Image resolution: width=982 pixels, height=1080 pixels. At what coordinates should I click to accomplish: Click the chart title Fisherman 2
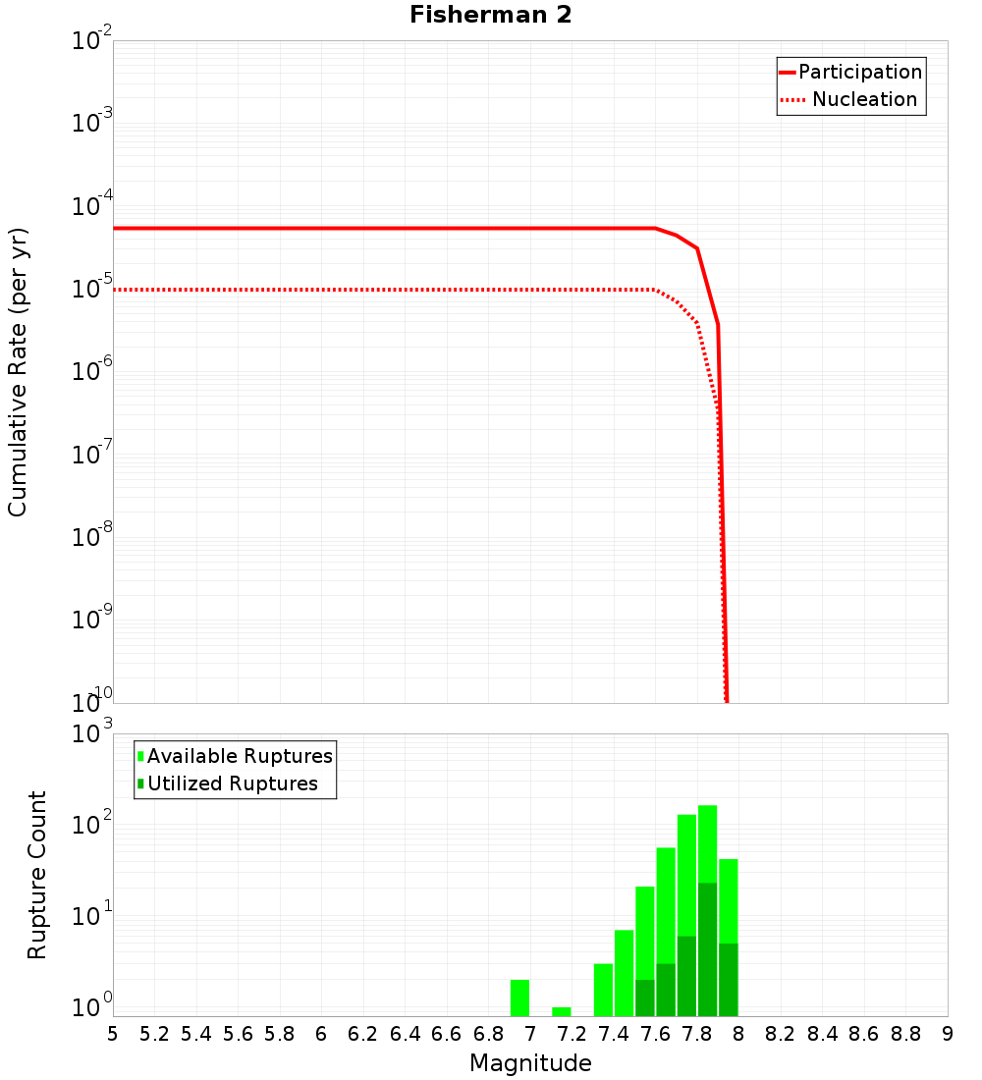pos(490,15)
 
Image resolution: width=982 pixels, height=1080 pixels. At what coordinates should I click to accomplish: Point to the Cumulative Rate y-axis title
pos(18,372)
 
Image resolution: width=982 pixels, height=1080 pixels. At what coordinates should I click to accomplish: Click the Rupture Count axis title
pos(37,875)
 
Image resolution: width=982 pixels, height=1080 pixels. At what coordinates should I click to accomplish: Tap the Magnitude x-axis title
pos(530,1063)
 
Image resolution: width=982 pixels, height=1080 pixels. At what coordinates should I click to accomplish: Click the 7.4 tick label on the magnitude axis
pos(614,1033)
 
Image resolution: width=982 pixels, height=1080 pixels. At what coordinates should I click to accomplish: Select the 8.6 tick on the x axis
pos(864,1033)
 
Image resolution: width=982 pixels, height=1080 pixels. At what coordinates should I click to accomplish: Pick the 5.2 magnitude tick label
pos(154,1033)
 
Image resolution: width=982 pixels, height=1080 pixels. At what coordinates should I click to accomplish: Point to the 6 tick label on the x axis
pos(321,1033)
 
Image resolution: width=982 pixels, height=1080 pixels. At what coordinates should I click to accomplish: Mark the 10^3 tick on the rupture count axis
pos(93,734)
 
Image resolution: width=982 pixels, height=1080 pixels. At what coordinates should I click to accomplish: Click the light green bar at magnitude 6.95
pos(519,998)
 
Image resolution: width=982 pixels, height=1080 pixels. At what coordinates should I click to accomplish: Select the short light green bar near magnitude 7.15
pos(562,1011)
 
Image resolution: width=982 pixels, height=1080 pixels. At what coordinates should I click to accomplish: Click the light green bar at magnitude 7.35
pos(603,990)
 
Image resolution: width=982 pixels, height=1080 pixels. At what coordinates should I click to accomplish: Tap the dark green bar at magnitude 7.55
pos(645,998)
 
